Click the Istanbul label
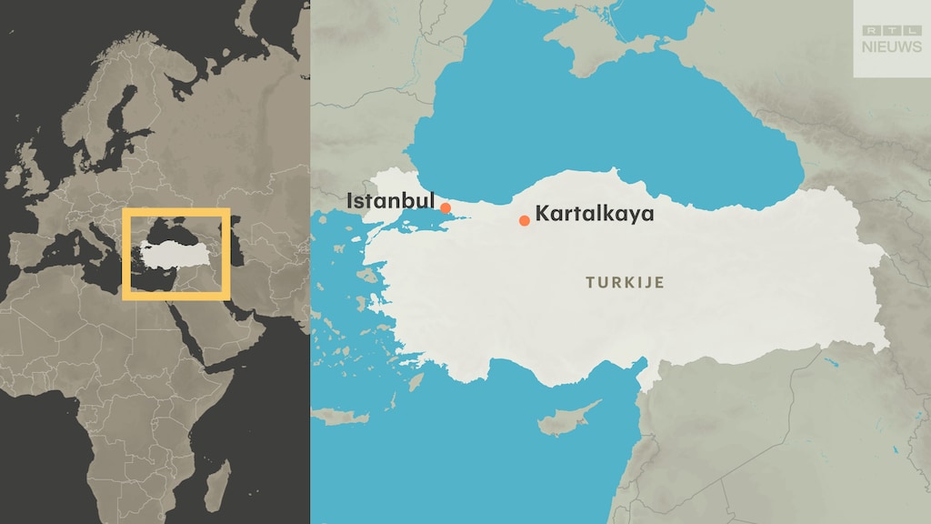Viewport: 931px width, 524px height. [391, 200]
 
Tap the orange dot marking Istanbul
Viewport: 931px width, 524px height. [445, 208]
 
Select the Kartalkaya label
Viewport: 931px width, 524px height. [594, 214]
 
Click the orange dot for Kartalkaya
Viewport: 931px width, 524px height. [525, 220]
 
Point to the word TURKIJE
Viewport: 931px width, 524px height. [625, 283]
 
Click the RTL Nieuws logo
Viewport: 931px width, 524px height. [891, 38]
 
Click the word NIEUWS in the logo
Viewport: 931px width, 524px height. [891, 47]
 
